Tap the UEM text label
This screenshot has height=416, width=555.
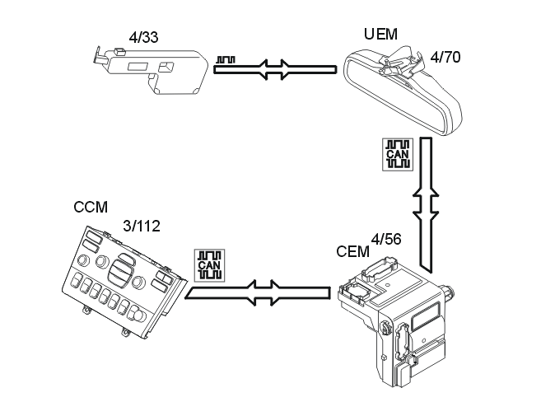tap(380, 34)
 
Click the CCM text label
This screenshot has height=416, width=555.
tap(91, 208)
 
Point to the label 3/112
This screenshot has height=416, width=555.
tap(142, 225)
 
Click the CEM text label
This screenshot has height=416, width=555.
tap(353, 250)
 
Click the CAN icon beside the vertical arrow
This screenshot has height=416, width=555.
tap(399, 155)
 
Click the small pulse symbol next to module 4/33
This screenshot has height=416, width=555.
tap(227, 59)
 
